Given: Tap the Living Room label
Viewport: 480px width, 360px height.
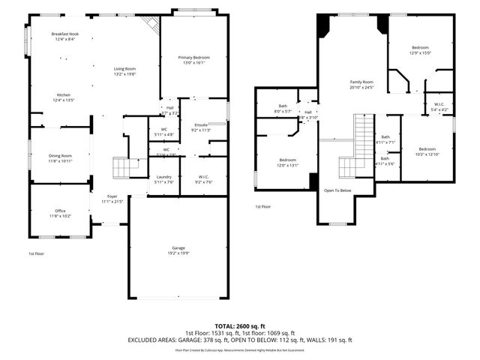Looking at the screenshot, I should (125, 71).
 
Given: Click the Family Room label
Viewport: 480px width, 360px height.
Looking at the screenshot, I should (361, 85).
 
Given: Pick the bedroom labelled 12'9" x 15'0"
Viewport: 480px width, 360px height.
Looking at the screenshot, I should (421, 50).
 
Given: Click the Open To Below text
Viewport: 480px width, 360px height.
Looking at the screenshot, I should (337, 190).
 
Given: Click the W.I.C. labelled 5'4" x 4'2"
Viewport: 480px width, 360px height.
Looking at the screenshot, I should (439, 107).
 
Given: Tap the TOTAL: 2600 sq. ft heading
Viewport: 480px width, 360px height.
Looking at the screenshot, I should (239, 325).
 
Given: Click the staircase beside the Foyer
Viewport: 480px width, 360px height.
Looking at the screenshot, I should (121, 166).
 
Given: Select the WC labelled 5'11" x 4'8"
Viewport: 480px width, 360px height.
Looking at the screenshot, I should (163, 132).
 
